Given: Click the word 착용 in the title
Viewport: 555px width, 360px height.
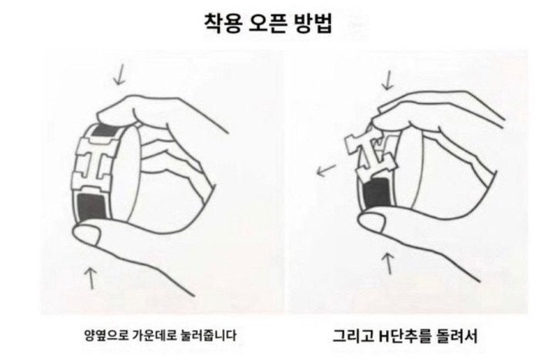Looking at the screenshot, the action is point(223,24).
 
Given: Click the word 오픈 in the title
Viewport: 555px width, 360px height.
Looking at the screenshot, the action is point(267,24).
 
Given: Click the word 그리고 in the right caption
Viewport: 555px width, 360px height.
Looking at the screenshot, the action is point(352,335).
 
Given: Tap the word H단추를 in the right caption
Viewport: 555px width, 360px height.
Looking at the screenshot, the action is point(405,335).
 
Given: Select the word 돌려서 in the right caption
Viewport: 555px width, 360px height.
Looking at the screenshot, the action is point(457,335).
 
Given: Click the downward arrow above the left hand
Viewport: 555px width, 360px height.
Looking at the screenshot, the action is point(119,74).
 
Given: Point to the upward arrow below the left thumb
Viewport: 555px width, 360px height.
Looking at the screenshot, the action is point(91,278).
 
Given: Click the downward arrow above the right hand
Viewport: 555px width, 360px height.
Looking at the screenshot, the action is point(388,80).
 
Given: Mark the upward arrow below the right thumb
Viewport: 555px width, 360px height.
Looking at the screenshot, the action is point(389,264).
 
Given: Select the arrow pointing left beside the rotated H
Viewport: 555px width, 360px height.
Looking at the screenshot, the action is point(326,170).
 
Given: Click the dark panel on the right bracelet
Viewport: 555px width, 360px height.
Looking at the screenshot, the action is point(377,194).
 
